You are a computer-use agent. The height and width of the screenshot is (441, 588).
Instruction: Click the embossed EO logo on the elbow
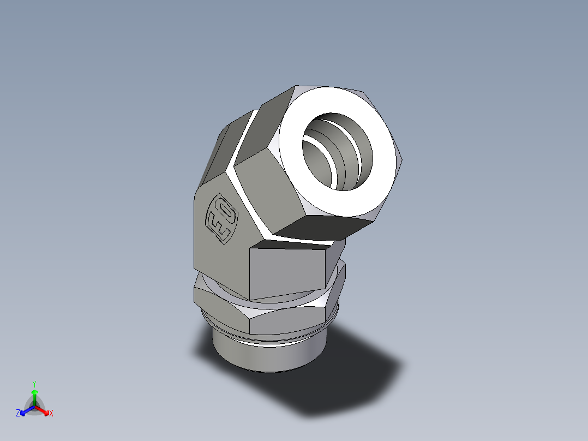[221, 217]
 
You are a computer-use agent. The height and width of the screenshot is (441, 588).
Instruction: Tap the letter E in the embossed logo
[218, 227]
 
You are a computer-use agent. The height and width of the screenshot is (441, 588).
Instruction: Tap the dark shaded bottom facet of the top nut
[322, 228]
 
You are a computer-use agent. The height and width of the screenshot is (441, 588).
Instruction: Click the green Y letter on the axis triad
[34, 384]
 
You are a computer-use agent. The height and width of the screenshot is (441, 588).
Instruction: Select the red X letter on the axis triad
[51, 414]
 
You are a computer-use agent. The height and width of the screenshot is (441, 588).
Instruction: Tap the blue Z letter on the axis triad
[18, 414]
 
